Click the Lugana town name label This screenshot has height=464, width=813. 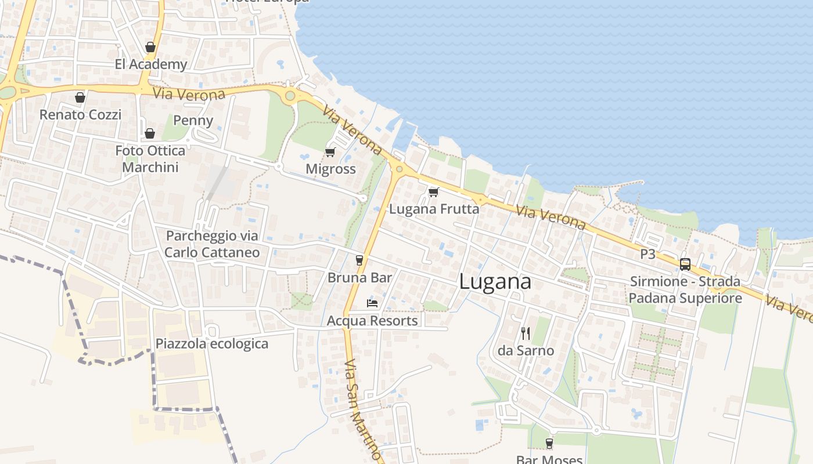(495, 282)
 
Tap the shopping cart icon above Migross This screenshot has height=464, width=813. (330, 153)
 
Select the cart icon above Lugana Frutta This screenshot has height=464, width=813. (433, 192)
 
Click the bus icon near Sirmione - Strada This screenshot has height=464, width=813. (685, 264)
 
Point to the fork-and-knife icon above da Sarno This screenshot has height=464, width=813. (526, 333)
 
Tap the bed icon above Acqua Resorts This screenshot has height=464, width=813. (372, 303)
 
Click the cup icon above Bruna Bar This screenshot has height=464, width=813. (359, 260)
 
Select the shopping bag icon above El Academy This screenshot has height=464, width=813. (150, 47)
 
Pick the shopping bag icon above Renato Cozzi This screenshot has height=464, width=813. (80, 97)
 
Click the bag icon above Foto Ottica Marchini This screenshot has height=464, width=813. (150, 133)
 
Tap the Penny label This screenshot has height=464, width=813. (193, 121)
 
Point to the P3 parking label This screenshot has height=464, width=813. (647, 253)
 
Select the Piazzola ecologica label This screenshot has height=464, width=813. (211, 343)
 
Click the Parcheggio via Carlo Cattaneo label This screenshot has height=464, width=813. (212, 244)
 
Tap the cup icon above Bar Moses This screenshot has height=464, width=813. (549, 444)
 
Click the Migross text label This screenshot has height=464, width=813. (330, 169)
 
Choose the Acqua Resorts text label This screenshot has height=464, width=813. (372, 321)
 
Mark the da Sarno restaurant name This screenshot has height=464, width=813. (526, 351)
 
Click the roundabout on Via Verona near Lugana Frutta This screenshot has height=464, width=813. (399, 169)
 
